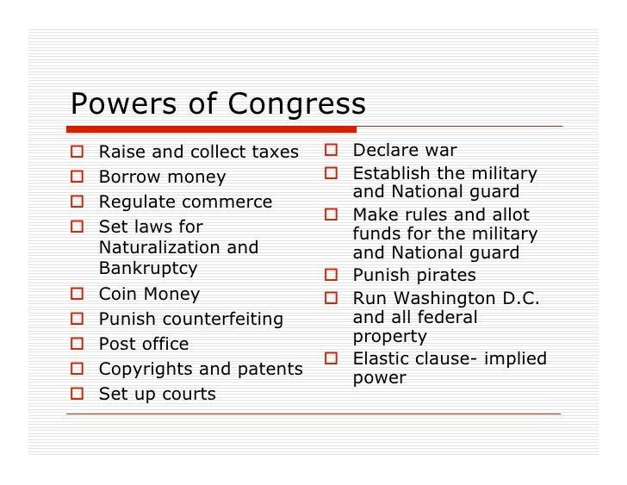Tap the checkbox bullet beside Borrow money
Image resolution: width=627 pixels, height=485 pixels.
pos(78,177)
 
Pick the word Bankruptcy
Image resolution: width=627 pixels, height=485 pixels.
pos(147,268)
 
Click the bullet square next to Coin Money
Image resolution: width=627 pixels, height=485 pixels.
pos(78,295)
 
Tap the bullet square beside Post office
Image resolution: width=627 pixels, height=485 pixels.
pos(78,345)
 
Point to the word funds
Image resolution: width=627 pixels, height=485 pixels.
pos(376,234)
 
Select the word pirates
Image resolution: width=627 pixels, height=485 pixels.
pos(445,276)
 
